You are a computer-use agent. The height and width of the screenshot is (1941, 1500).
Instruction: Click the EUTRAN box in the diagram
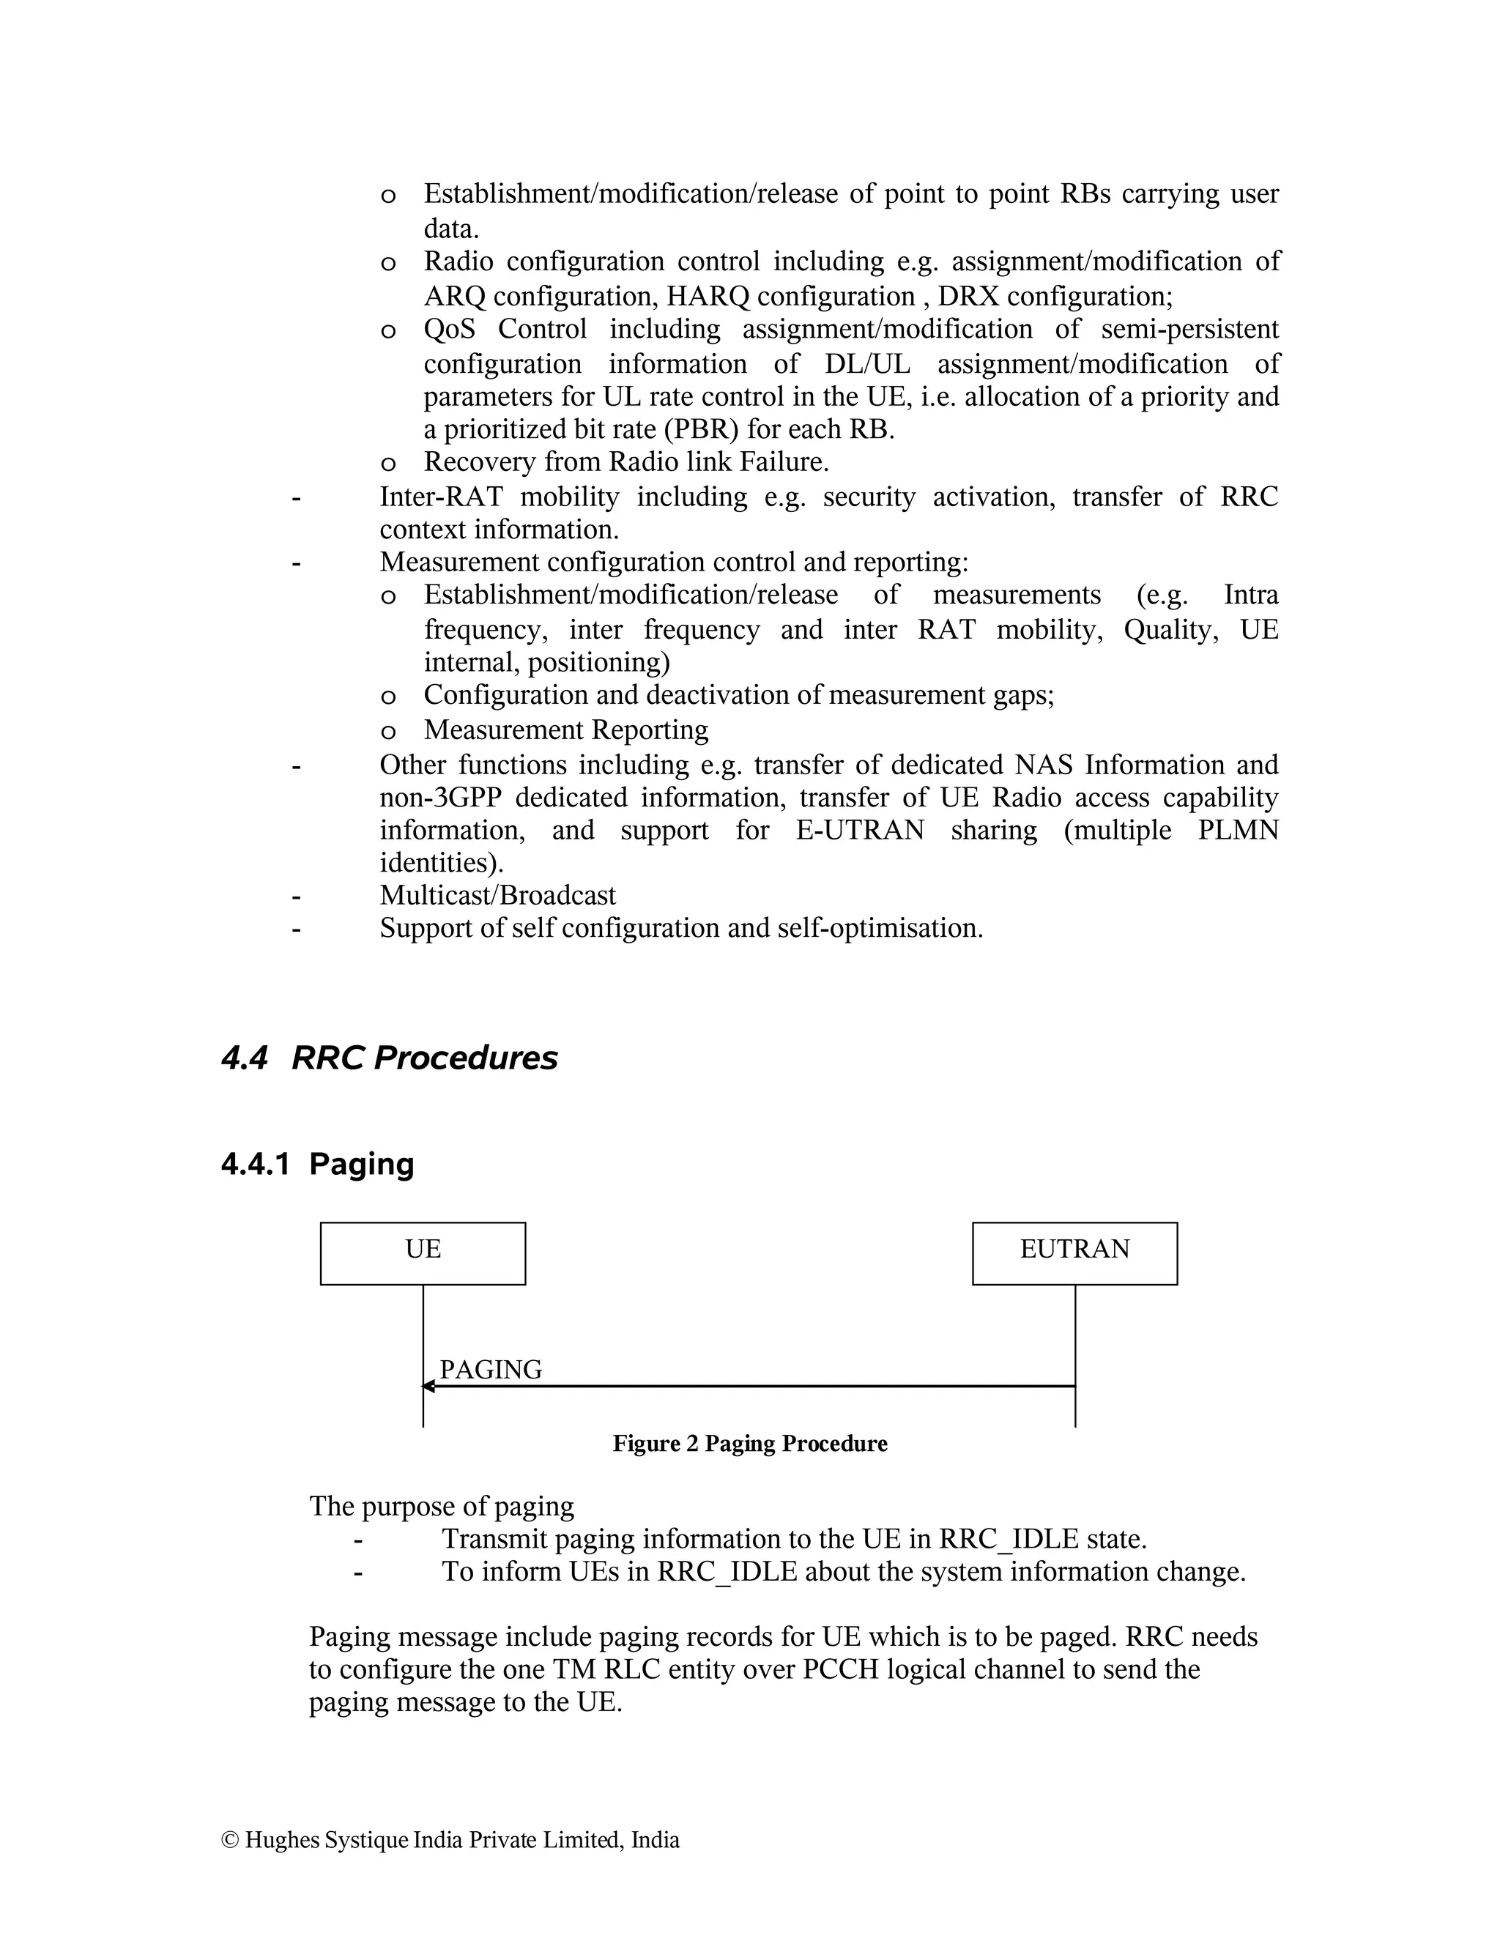(1074, 1253)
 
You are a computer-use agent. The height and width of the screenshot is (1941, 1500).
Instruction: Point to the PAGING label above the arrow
(491, 1370)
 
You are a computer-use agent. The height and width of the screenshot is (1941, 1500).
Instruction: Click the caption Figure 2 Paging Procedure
(749, 1444)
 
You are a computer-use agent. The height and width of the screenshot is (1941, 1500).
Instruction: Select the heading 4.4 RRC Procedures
(388, 1058)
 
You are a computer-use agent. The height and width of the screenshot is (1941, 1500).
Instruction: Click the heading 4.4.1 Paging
(317, 1165)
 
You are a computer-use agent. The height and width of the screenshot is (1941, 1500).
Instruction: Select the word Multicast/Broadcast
(497, 895)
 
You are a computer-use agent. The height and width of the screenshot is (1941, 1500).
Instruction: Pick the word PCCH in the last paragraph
(840, 1670)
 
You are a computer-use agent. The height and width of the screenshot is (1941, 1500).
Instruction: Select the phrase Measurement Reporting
(566, 730)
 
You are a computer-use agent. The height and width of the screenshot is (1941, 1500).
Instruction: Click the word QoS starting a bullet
(449, 329)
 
